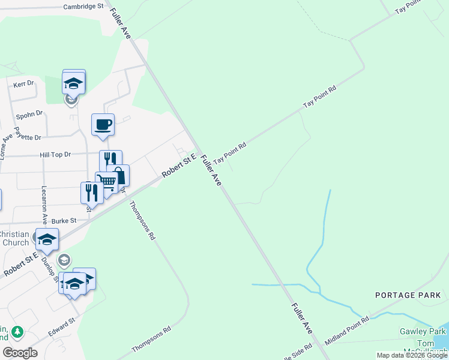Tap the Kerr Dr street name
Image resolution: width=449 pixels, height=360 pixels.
point(24,83)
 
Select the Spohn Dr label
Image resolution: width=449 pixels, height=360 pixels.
point(31,113)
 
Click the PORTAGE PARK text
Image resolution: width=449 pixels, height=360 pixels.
point(408,295)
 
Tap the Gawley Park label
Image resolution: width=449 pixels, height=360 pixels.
point(423,331)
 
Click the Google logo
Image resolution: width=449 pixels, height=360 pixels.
point(20,352)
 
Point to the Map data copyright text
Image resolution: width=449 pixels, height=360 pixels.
point(412,355)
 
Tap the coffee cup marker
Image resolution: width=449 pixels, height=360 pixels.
point(103,125)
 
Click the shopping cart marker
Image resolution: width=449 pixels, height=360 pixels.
point(106,181)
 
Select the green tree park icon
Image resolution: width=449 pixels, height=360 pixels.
point(18,331)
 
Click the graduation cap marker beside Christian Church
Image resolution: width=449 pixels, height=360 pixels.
point(47,239)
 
